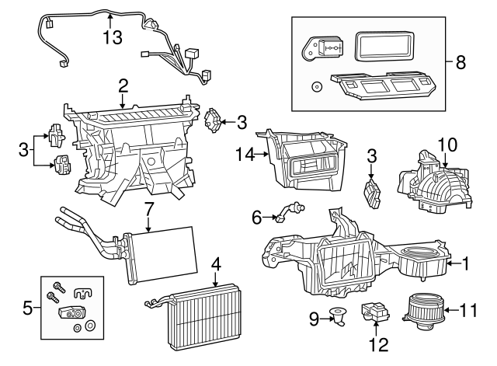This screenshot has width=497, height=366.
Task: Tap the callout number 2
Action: tap(123, 85)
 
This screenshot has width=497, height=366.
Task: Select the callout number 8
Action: tap(461, 63)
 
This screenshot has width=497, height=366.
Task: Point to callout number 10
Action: tap(447, 145)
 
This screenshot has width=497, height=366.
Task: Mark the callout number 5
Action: tap(27, 308)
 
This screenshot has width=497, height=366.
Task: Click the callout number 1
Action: tap(466, 264)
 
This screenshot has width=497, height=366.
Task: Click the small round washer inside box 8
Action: tap(315, 85)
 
